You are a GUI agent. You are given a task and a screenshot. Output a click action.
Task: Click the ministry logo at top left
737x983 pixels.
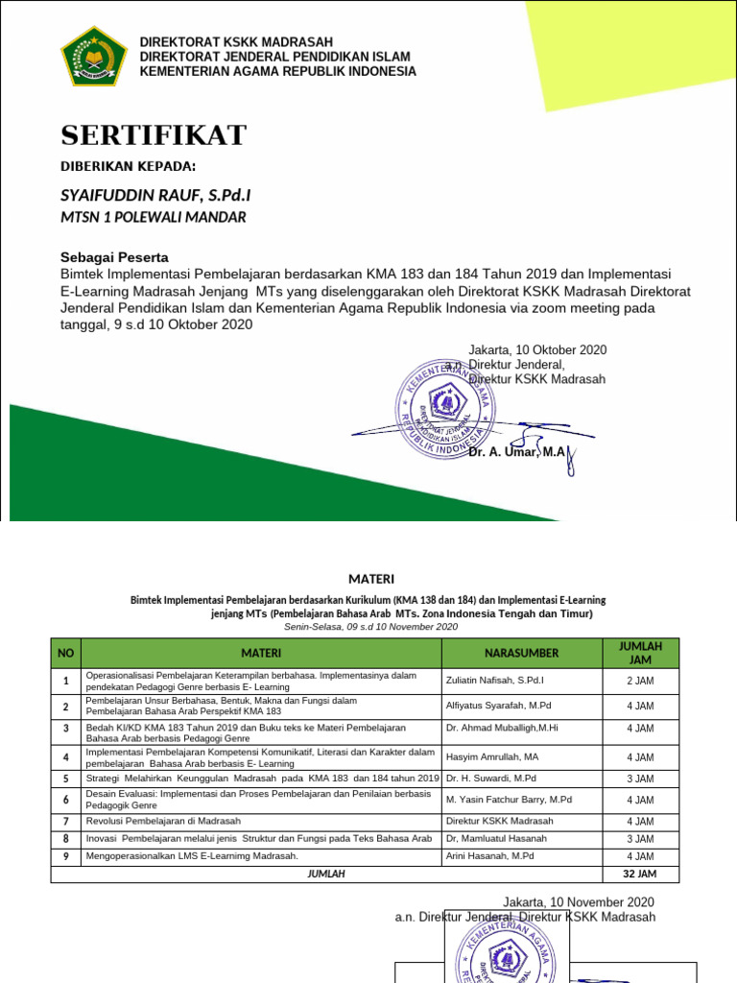pyautogui.click(x=93, y=58)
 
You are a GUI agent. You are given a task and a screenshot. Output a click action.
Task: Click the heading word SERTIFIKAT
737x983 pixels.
pyautogui.click(x=155, y=133)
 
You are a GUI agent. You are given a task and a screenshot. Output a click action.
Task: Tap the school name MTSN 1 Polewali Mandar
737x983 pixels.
pyautogui.click(x=153, y=217)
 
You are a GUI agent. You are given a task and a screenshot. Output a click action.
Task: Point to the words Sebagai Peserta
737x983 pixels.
pyautogui.click(x=114, y=257)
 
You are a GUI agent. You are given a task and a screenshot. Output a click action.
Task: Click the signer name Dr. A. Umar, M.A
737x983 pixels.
pyautogui.click(x=517, y=451)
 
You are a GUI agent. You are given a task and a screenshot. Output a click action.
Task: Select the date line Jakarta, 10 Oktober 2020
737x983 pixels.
pyautogui.click(x=537, y=350)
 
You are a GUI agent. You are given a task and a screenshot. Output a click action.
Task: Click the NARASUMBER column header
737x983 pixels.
pyautogui.click(x=521, y=653)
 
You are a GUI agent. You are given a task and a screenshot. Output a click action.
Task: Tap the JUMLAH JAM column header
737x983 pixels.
pyautogui.click(x=640, y=653)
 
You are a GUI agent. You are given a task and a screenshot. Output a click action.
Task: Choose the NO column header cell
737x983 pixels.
pyautogui.click(x=65, y=653)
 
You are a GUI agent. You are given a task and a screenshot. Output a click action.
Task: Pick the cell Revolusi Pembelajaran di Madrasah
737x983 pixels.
pyautogui.click(x=163, y=822)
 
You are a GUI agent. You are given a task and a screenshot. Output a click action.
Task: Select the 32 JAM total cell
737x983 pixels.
pyautogui.click(x=640, y=875)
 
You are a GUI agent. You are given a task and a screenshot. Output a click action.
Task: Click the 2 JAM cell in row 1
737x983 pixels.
pyautogui.click(x=640, y=681)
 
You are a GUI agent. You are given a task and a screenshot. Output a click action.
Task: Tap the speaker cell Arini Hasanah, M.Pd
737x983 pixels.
pyautogui.click(x=489, y=856)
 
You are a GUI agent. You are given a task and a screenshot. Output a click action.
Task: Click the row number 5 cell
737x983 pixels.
pyautogui.click(x=65, y=779)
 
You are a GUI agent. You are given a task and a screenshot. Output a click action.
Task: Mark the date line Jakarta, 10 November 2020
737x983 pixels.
pyautogui.click(x=579, y=902)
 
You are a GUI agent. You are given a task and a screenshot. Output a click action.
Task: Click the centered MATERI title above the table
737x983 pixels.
pyautogui.click(x=369, y=579)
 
